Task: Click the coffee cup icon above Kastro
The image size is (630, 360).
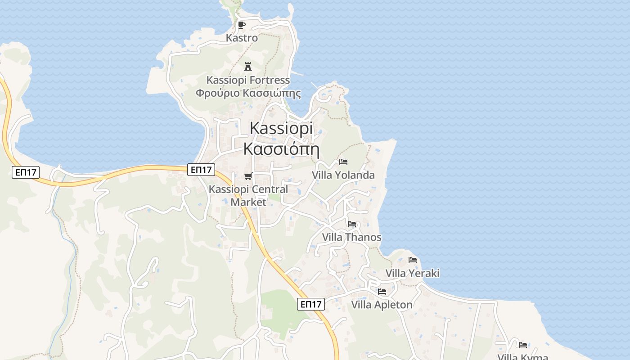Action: click(x=242, y=25)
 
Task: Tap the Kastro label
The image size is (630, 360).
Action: click(x=242, y=38)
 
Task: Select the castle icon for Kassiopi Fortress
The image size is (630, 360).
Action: click(x=247, y=67)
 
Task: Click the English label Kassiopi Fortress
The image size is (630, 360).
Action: click(x=248, y=80)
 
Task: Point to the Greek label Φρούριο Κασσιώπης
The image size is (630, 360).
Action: click(x=248, y=94)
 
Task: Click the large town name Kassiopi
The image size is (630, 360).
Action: click(x=281, y=128)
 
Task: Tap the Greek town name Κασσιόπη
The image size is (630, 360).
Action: click(x=281, y=148)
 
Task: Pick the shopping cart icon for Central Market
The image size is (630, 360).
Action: click(x=248, y=176)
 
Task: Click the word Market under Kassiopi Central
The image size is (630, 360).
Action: click(x=248, y=202)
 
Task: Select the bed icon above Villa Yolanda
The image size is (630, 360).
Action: click(x=343, y=162)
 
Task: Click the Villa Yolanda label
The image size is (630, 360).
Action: click(x=343, y=175)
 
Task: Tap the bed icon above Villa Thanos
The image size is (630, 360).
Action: click(x=352, y=224)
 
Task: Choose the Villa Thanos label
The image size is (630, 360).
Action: click(x=352, y=237)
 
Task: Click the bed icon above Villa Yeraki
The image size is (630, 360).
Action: click(x=413, y=260)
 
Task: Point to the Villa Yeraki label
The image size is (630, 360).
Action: click(x=413, y=273)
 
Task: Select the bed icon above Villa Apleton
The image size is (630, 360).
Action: click(x=382, y=291)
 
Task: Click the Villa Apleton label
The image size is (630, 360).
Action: click(x=382, y=305)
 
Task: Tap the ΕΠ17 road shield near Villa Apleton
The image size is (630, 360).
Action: click(x=311, y=304)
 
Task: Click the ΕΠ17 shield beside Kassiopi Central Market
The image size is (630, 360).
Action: click(x=201, y=170)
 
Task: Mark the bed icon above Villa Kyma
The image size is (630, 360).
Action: click(x=523, y=345)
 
